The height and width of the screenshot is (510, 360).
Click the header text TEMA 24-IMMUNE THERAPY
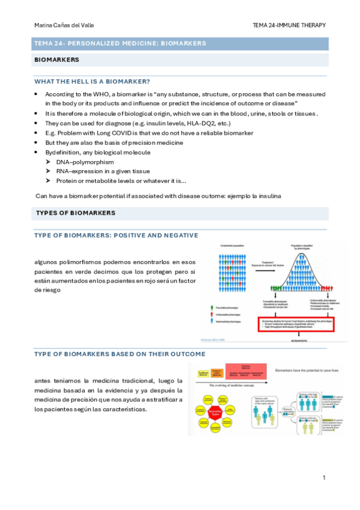pyautogui.click(x=290, y=25)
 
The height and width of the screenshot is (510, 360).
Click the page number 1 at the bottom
pyautogui.click(x=323, y=478)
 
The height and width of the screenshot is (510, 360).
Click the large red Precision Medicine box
pyautogui.click(x=243, y=372)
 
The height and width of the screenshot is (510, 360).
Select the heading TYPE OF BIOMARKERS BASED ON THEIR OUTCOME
pyautogui.click(x=120, y=354)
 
